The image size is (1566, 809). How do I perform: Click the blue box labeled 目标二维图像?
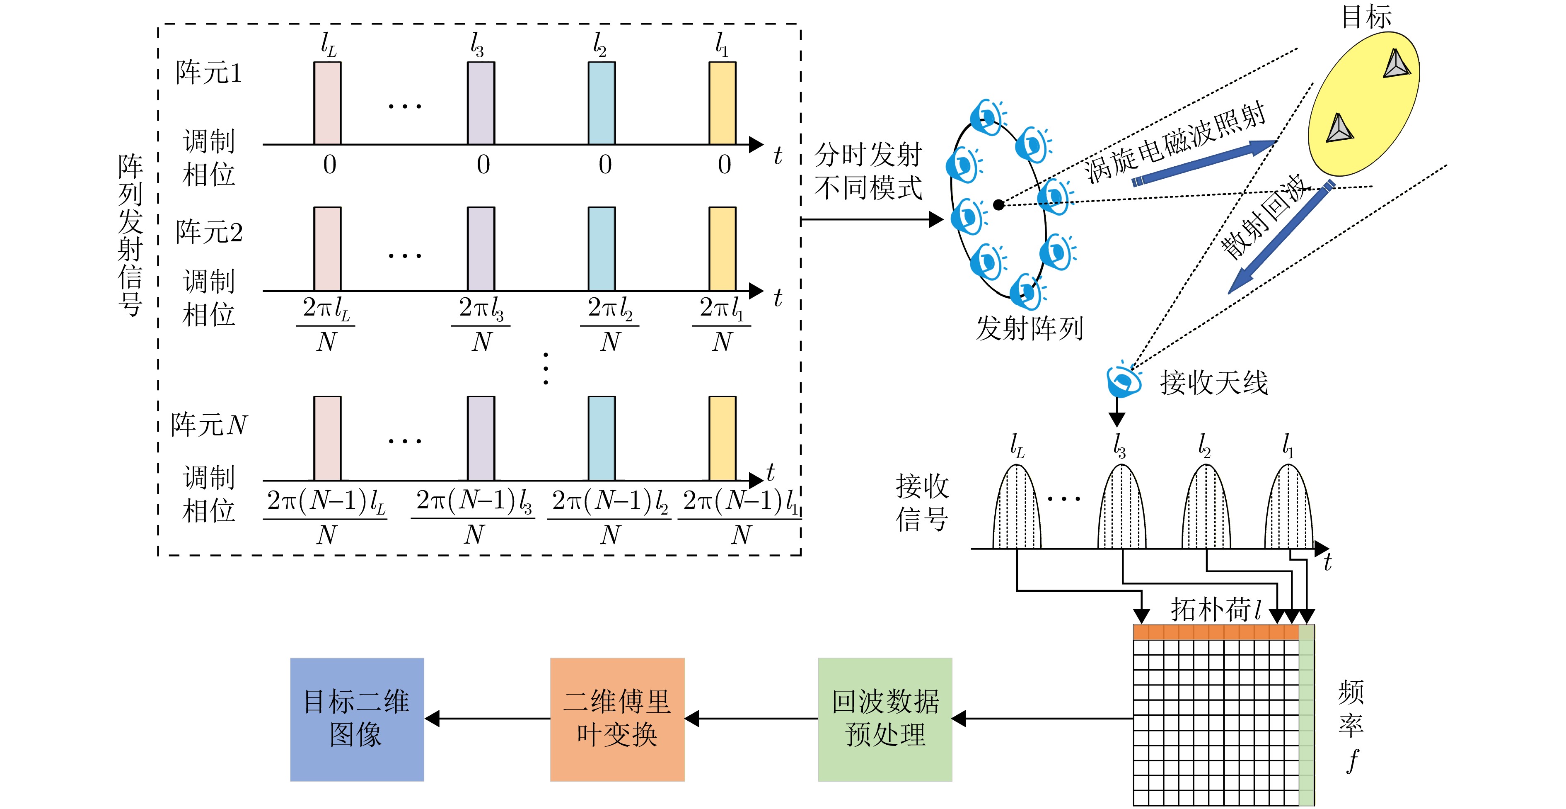coord(357,719)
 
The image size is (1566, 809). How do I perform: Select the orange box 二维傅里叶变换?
coord(617,719)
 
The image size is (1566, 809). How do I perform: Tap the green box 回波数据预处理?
coord(885,719)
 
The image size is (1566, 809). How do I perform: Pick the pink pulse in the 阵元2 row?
coord(327,249)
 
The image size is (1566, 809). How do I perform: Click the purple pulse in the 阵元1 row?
coord(481,103)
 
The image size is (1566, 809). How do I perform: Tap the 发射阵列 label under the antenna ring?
coord(1029,328)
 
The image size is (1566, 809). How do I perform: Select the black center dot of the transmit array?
coord(998,205)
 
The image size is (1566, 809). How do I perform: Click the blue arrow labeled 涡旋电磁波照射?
coord(1203,163)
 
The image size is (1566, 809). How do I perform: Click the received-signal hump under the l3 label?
coord(1121,508)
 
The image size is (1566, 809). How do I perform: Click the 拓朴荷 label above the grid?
coord(1210,610)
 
